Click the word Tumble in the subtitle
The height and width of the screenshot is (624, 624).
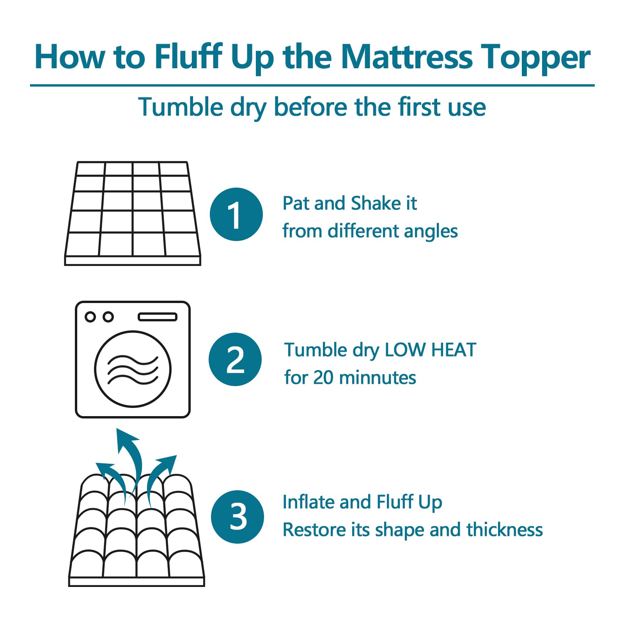click(x=181, y=107)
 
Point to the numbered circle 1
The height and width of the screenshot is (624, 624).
click(x=236, y=214)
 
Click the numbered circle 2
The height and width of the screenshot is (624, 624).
click(x=235, y=359)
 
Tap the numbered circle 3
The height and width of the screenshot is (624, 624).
click(x=238, y=516)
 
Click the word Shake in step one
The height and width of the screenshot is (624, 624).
click(x=375, y=203)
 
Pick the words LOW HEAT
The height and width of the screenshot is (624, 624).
click(x=430, y=349)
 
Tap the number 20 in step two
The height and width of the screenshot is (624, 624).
click(x=323, y=378)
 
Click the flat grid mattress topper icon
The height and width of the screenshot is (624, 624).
click(x=133, y=213)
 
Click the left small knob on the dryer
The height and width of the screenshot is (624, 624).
click(x=90, y=317)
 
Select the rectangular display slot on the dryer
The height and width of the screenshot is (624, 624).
click(x=158, y=317)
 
